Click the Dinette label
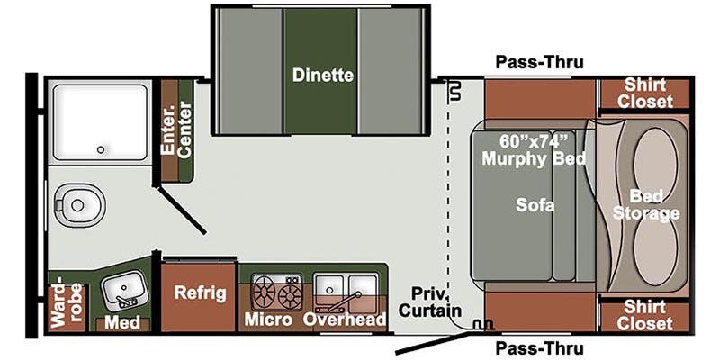323,75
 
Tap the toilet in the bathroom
79,205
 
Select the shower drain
101,149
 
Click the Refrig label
200,293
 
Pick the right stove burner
290,295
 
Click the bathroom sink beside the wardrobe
122,290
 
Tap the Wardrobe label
67,305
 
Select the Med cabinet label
122,322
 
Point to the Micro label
267,319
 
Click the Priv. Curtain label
429,301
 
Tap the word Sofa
535,205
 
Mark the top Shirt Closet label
644,94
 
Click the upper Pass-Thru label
539,62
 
